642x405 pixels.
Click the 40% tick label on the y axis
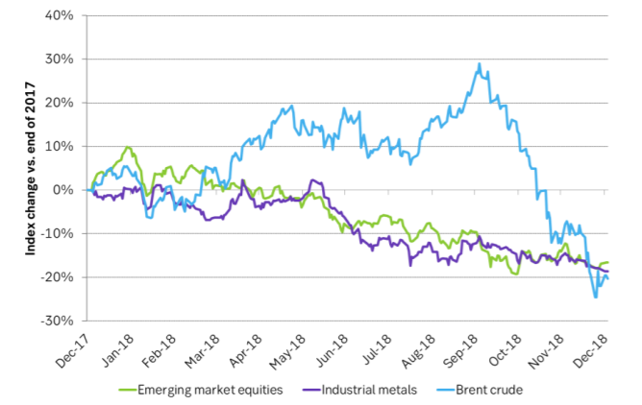[62, 16]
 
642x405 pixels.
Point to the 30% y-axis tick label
[62, 60]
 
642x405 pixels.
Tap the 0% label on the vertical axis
[66, 190]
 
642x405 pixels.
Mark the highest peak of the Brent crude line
[479, 64]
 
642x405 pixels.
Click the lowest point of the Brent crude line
[595, 297]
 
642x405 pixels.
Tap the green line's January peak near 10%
[128, 148]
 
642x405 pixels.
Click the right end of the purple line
[607, 271]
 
